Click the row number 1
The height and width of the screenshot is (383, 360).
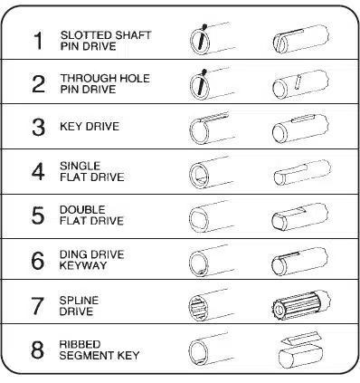38,41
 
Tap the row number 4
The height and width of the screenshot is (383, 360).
38,172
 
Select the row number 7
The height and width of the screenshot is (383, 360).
38,305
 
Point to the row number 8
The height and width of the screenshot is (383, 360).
38,350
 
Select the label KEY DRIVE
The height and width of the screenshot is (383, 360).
90,126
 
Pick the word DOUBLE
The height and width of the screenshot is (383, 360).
82,210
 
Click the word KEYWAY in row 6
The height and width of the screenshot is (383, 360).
83,265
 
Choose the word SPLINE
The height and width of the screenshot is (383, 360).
79,301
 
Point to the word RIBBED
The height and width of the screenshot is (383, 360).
76,345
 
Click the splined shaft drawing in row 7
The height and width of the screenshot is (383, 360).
300,305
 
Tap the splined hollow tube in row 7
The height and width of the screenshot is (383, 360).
209,305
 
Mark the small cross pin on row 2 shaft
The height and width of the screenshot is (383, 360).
298,82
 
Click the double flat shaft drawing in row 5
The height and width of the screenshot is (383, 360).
300,217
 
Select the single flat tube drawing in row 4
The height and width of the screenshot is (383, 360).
210,173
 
